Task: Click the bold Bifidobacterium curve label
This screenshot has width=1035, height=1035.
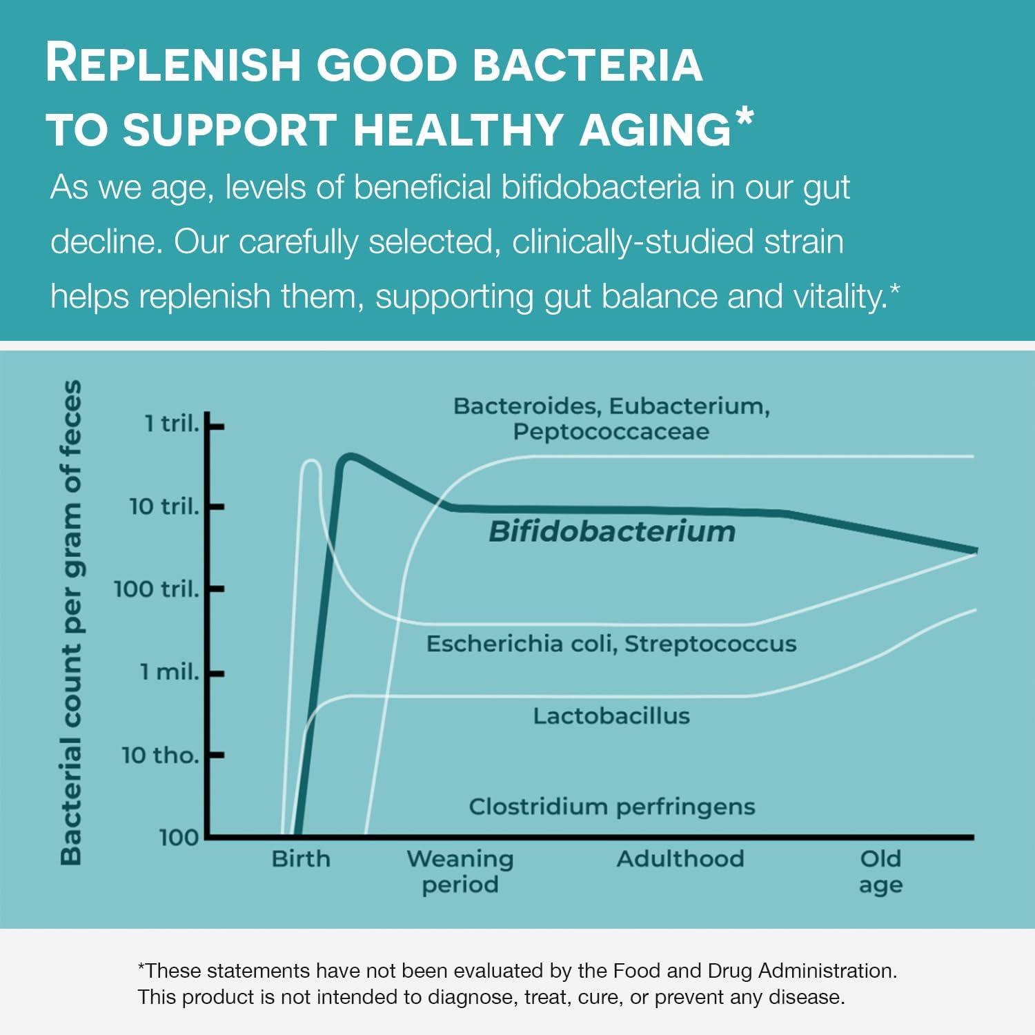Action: [x=612, y=532]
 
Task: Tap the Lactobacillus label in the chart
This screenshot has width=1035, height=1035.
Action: [x=611, y=716]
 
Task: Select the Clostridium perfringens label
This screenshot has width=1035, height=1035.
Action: [x=612, y=807]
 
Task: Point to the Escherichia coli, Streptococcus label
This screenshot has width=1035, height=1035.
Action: [x=611, y=644]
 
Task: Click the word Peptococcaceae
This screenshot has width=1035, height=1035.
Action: [x=611, y=432]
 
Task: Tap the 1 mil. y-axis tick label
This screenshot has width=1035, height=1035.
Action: [x=170, y=671]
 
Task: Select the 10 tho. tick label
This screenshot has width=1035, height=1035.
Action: [x=160, y=756]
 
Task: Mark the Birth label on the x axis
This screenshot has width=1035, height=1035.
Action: [x=301, y=859]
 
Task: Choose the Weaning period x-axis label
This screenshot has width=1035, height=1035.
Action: [x=460, y=871]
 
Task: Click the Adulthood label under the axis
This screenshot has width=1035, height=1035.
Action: [x=680, y=859]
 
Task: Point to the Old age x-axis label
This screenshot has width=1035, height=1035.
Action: [x=881, y=871]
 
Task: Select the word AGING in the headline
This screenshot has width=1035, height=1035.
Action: [x=655, y=130]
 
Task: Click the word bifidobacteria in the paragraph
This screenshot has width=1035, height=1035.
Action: [x=600, y=188]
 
